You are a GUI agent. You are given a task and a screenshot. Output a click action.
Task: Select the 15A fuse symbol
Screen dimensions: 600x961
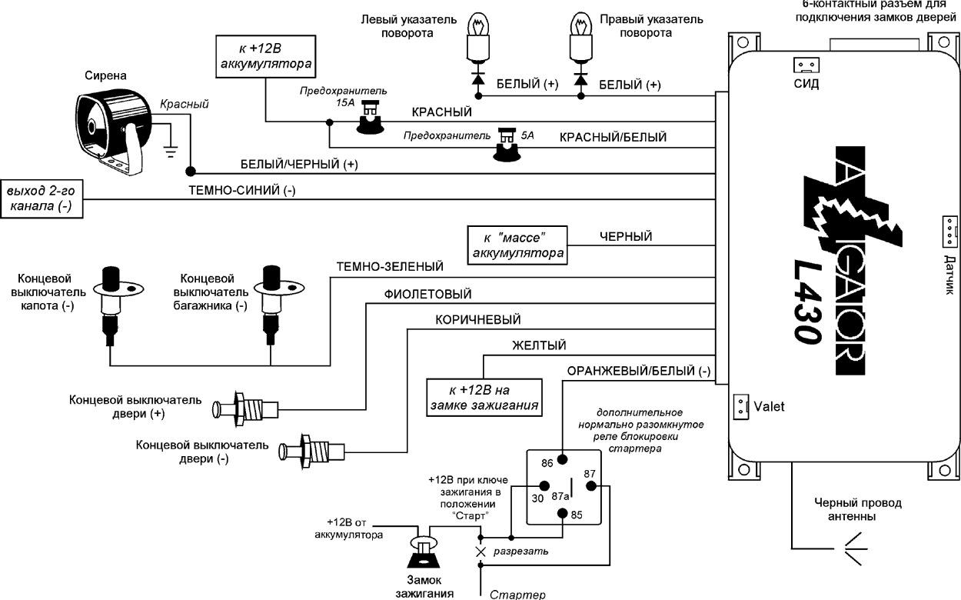tap(371, 118)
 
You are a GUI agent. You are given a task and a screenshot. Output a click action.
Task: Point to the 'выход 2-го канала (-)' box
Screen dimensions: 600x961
tap(42, 199)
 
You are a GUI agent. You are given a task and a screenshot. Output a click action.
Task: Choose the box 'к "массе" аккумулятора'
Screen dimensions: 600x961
tap(518, 245)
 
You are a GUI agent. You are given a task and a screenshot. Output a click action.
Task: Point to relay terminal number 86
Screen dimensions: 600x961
tap(563, 459)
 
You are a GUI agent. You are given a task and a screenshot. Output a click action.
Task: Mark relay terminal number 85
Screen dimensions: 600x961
tap(563, 513)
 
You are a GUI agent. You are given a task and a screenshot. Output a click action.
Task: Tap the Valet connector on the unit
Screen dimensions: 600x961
tap(740, 405)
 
